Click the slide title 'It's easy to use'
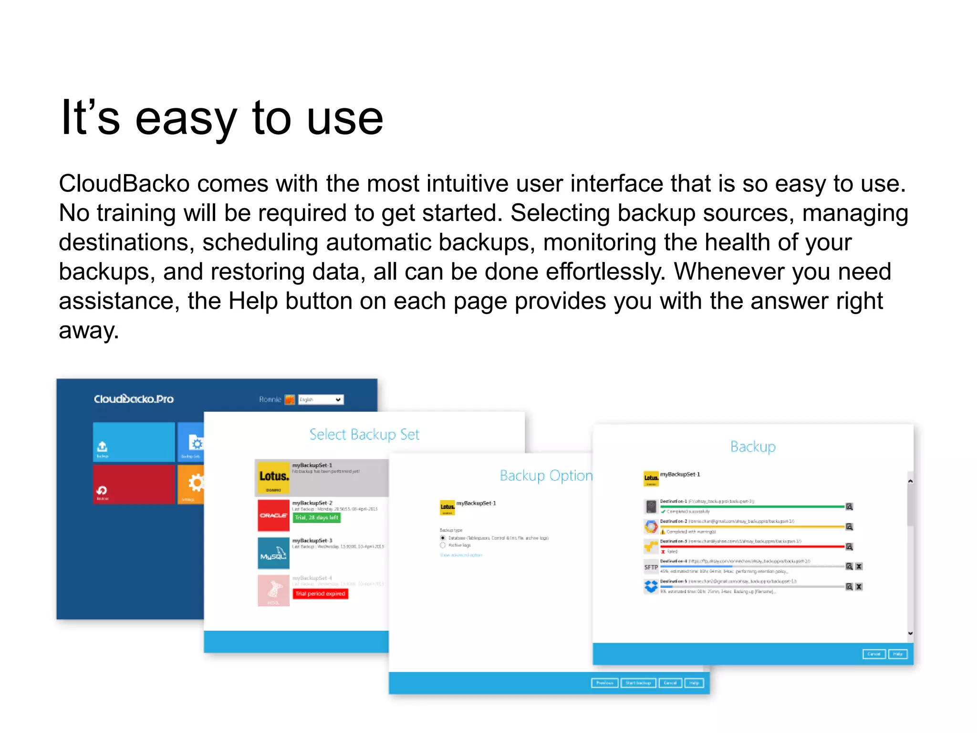point(222,118)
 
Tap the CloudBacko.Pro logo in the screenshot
point(134,399)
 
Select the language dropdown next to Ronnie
point(321,399)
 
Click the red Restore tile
point(134,484)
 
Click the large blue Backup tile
point(134,441)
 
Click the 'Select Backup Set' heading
point(364,434)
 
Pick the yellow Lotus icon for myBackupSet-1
point(273,477)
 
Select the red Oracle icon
point(273,515)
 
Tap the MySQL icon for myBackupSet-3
point(273,553)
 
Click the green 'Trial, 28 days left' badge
point(316,517)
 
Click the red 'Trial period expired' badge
point(320,594)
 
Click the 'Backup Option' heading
point(546,475)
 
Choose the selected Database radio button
point(443,538)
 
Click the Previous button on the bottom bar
point(604,683)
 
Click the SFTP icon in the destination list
point(651,567)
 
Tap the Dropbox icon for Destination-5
point(651,586)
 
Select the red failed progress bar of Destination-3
point(752,546)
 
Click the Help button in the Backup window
point(897,654)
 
